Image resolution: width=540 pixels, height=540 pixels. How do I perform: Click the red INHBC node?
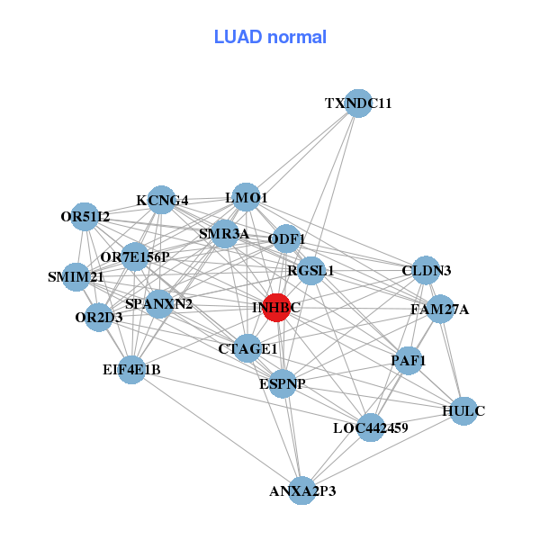[x=276, y=308]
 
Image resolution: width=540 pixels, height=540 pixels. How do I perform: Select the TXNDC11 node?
[x=358, y=103]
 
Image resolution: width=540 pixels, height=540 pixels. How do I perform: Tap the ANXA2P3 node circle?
[x=302, y=490]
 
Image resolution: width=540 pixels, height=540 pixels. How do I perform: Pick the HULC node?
[x=463, y=411]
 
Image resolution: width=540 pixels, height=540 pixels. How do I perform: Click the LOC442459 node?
[x=371, y=427]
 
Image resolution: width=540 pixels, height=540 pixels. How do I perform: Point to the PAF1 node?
[x=409, y=361]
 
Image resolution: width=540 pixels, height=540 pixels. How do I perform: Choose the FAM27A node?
[x=440, y=309]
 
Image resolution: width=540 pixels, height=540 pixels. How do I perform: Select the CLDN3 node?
[x=426, y=270]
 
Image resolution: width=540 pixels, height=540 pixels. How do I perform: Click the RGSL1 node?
[x=311, y=271]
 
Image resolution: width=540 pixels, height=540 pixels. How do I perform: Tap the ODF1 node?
[x=286, y=238]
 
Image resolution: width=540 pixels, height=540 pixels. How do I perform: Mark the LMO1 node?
[x=246, y=197]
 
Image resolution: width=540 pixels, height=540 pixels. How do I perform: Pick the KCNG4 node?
[x=161, y=200]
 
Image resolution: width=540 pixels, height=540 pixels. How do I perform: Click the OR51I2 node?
[x=85, y=217]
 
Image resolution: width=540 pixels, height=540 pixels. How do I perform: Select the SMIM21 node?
[x=76, y=277]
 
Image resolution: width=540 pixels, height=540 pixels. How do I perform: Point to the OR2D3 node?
[x=99, y=317]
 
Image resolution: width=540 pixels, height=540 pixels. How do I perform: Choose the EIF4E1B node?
[x=131, y=370]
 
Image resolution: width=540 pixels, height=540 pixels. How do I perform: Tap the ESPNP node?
[x=283, y=383]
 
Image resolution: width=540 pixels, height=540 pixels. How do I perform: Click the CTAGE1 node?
[x=247, y=348]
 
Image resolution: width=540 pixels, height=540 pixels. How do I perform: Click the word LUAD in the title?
[x=238, y=37]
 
